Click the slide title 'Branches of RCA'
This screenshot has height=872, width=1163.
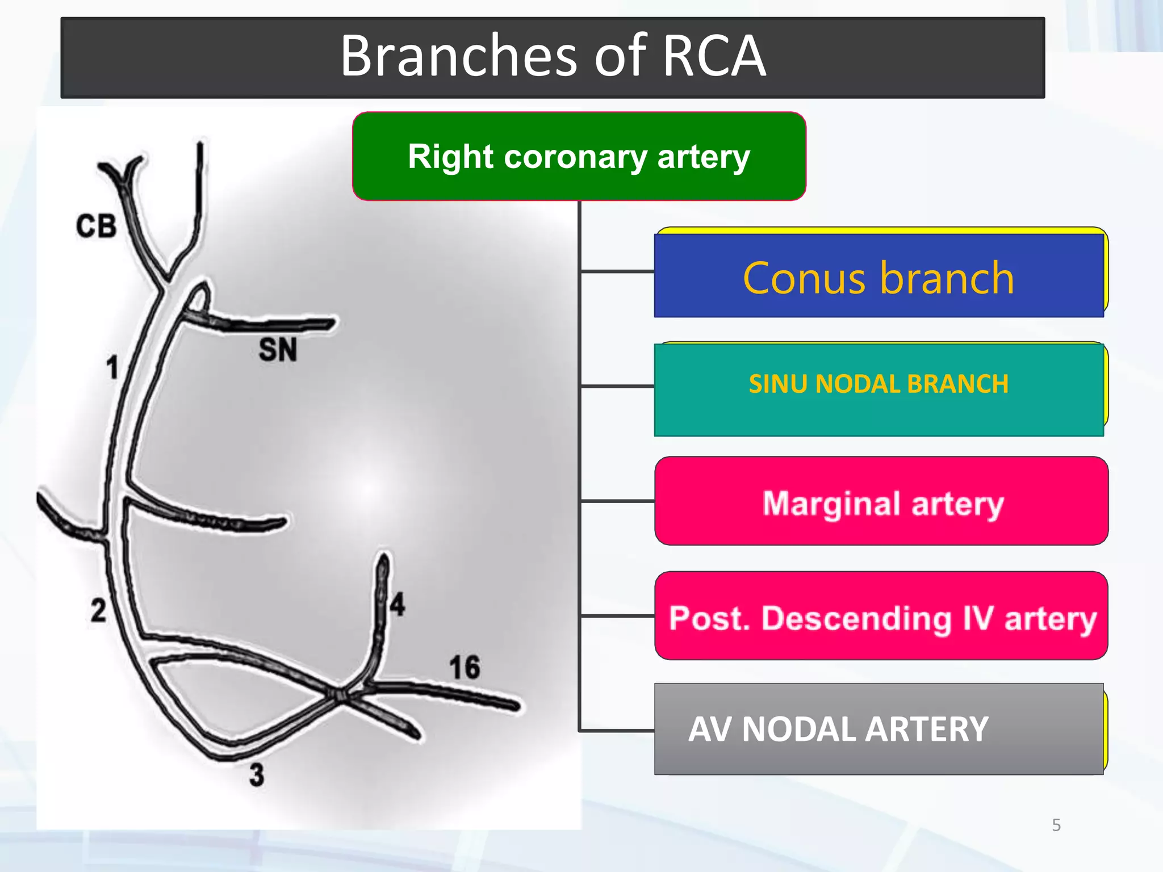click(x=553, y=57)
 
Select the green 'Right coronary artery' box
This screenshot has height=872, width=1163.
click(x=579, y=157)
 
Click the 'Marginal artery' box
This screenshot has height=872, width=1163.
click(x=882, y=502)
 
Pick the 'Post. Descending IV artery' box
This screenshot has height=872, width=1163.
click(x=882, y=617)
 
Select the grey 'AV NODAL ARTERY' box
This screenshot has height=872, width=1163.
click(x=878, y=729)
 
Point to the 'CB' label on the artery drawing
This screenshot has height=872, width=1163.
click(x=97, y=226)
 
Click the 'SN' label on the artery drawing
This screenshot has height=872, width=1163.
click(x=278, y=349)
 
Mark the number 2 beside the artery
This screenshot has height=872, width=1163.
click(x=98, y=611)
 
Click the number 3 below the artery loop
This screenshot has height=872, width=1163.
click(x=257, y=774)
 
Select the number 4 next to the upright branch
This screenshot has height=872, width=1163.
click(x=398, y=604)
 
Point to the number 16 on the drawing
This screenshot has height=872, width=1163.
click(x=465, y=667)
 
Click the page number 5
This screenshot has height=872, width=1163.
click(x=1056, y=825)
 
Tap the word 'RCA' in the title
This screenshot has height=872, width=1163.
click(x=714, y=57)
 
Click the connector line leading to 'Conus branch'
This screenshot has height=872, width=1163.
click(x=617, y=272)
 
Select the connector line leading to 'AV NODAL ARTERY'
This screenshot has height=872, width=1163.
click(x=617, y=730)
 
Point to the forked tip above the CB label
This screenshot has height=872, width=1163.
click(x=122, y=170)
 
